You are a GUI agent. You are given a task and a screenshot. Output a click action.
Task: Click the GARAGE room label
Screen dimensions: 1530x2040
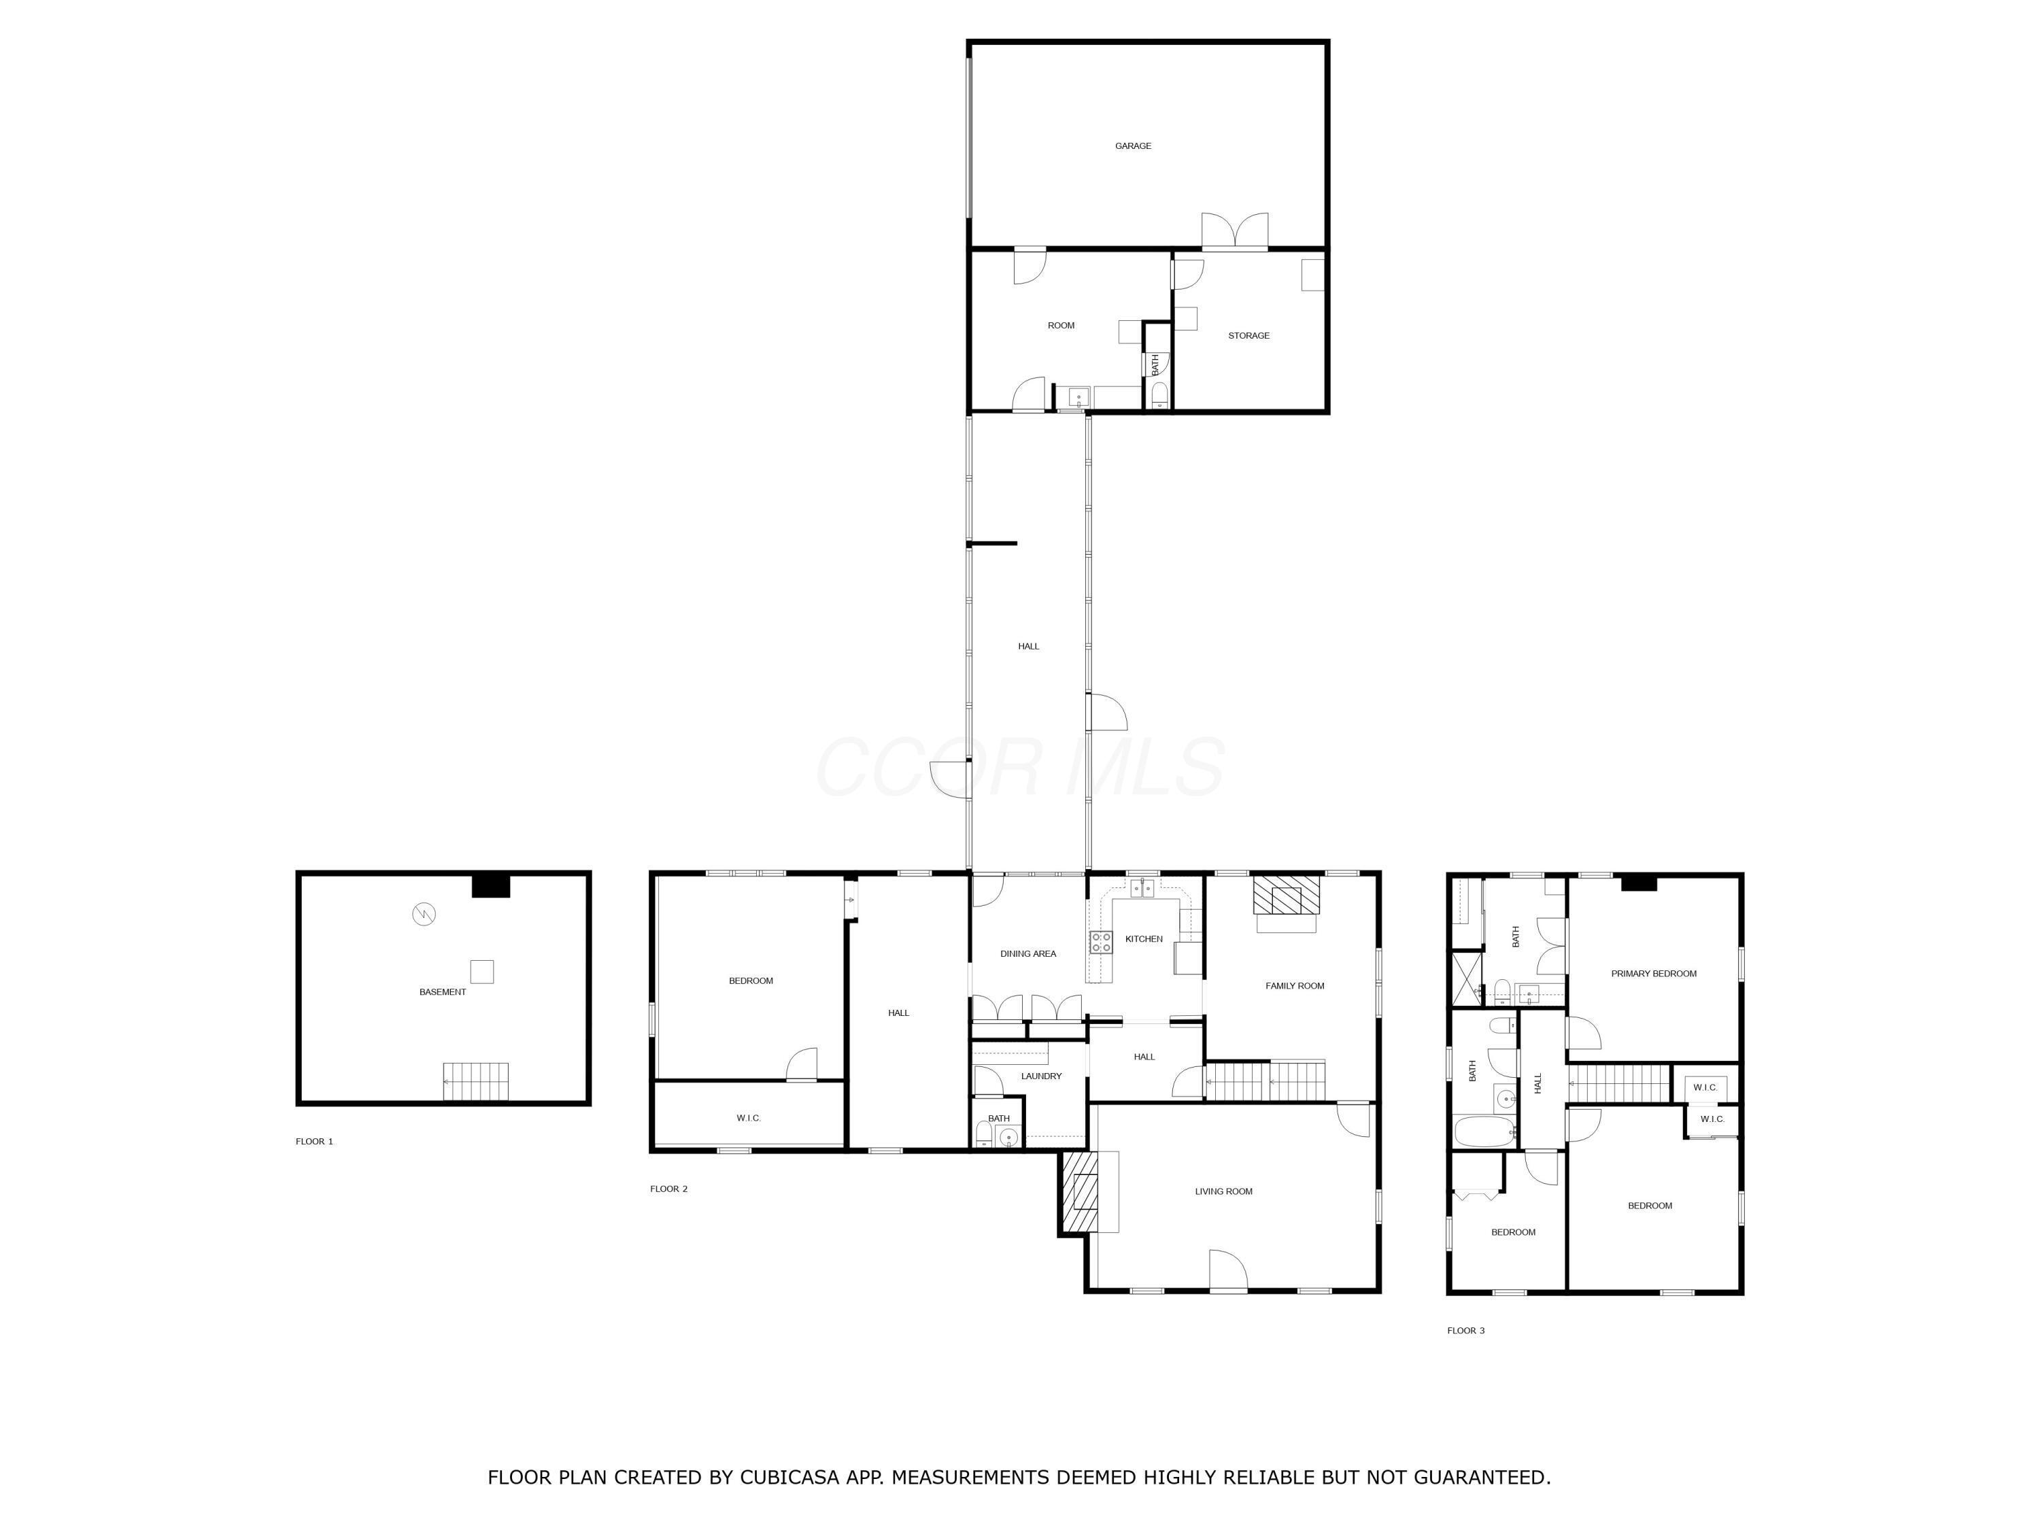click(x=1132, y=146)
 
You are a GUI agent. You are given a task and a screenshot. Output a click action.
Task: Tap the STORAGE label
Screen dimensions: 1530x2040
click(x=1248, y=336)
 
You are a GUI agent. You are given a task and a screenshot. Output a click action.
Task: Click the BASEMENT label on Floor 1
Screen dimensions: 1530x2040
click(x=443, y=992)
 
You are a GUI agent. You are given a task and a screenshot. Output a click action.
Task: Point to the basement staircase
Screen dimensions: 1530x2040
click(x=476, y=1081)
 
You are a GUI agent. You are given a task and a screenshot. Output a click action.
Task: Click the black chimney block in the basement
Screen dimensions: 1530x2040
click(x=491, y=885)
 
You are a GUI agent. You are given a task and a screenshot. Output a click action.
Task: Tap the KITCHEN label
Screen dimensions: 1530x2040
click(x=1144, y=939)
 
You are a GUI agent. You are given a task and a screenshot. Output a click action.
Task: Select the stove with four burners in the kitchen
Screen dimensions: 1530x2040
click(x=1101, y=942)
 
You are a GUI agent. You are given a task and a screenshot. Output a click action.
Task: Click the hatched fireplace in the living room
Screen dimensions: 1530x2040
click(x=1081, y=1191)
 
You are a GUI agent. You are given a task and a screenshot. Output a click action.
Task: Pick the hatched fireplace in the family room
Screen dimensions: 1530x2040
click(x=1286, y=895)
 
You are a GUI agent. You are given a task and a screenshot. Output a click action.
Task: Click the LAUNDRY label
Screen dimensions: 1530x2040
click(x=1041, y=1076)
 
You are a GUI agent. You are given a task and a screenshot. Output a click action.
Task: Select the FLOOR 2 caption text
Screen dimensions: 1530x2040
click(x=668, y=1189)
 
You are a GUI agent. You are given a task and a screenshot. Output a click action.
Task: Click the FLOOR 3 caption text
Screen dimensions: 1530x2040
click(x=1465, y=1331)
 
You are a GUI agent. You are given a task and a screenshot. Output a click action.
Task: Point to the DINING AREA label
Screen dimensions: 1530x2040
click(x=1028, y=953)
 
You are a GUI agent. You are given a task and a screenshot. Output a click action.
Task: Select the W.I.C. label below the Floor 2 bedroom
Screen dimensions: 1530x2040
click(x=748, y=1119)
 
